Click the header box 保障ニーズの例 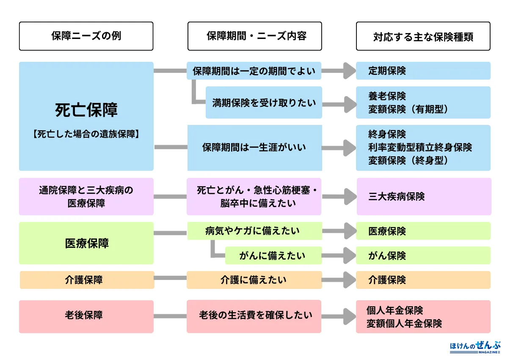[86, 36]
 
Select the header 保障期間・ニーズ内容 [254, 36]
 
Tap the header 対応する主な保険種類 [423, 36]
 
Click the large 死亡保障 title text [86, 110]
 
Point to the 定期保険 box [423, 71]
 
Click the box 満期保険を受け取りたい [264, 102]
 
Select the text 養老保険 [387, 96]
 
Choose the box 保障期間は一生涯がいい [254, 147]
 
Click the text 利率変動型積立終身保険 [420, 147]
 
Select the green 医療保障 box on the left [86, 243]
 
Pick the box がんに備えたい [273, 255]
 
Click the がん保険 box [423, 255]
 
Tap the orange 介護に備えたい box [254, 280]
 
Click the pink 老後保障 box [86, 316]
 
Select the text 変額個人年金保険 [404, 324]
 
